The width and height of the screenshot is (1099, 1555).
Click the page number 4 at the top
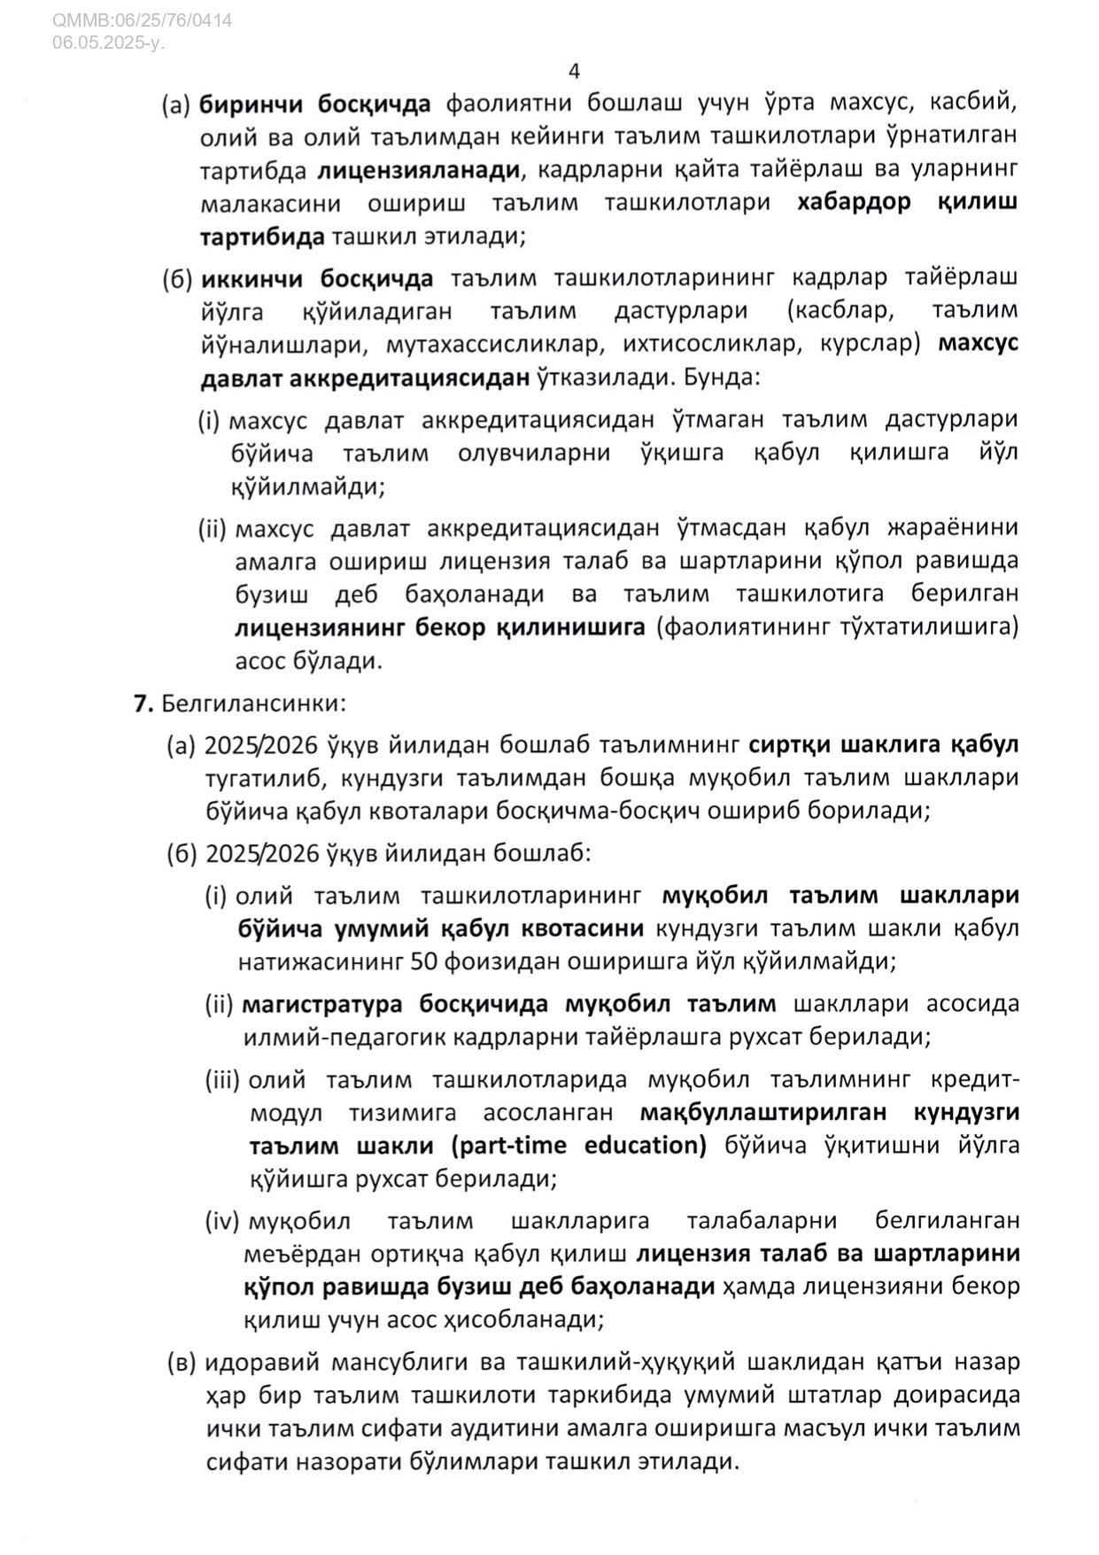click(x=575, y=71)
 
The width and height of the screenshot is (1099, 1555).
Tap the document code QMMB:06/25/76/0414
click(x=143, y=19)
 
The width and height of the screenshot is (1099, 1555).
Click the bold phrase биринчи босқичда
click(x=314, y=104)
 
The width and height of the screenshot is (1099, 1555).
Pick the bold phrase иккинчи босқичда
click(x=317, y=278)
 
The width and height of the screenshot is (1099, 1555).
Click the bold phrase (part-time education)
click(x=578, y=1146)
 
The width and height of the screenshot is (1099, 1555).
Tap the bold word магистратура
click(x=325, y=1004)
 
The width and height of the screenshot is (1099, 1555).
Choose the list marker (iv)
click(x=222, y=1221)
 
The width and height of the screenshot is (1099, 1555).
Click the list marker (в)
click(x=182, y=1362)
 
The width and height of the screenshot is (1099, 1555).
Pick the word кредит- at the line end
click(x=976, y=1080)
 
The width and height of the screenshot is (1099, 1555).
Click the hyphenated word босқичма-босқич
click(x=645, y=811)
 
